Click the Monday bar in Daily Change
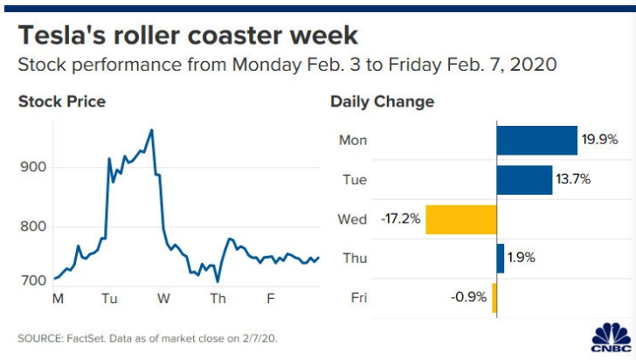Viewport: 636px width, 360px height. [536, 141]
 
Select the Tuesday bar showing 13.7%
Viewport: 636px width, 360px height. [523, 180]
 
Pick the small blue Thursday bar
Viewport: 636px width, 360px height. [501, 258]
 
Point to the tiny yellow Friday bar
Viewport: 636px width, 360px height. [494, 297]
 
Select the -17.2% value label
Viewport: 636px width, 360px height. [401, 219]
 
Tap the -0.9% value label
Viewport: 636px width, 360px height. [470, 297]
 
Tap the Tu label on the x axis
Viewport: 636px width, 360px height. [109, 299]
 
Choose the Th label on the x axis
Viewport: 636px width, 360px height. [217, 299]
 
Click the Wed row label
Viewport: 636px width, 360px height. [352, 219]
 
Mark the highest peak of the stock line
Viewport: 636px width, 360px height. [152, 130]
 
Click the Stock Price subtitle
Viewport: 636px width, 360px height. [62, 102]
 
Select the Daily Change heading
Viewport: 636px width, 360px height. [382, 102]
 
